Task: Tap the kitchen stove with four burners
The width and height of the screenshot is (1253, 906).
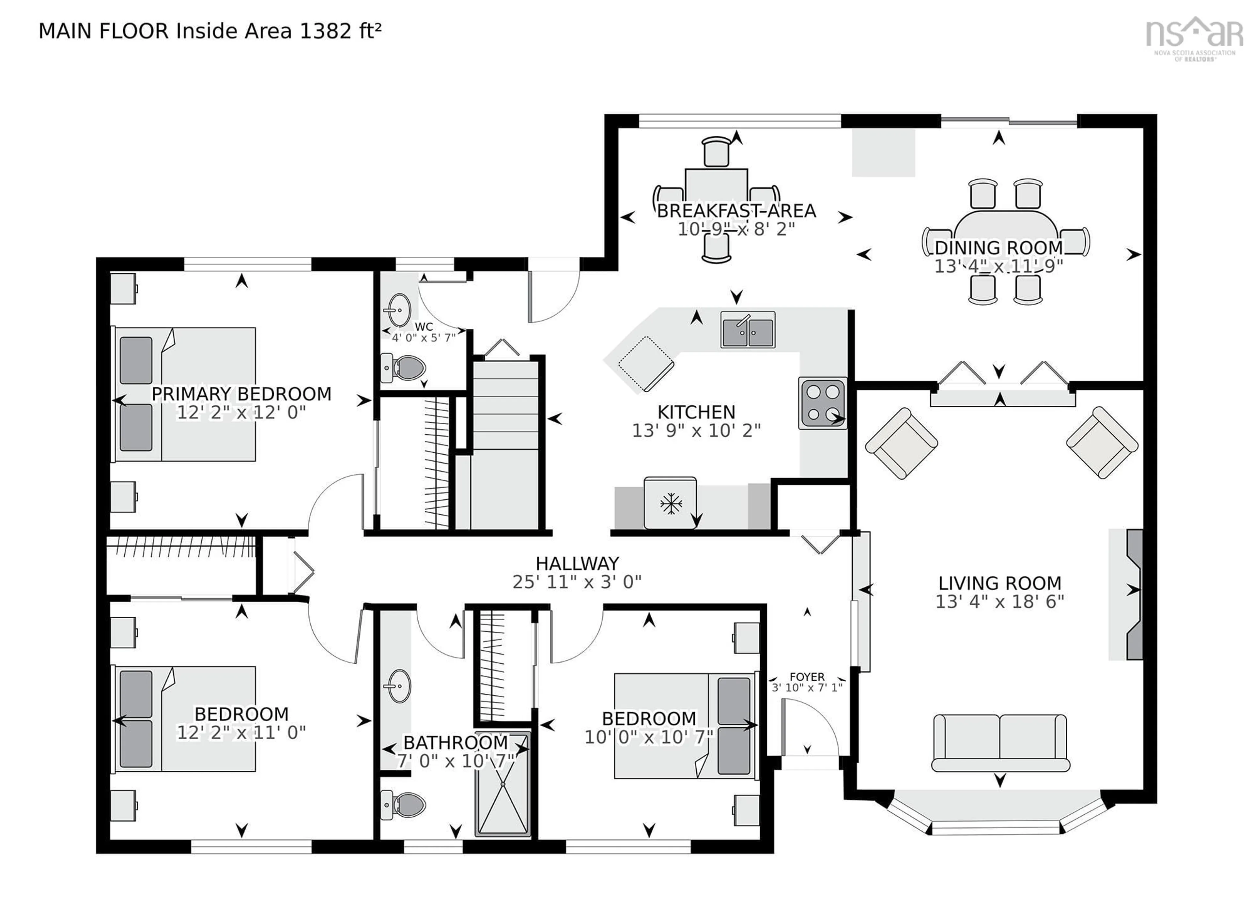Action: [822, 403]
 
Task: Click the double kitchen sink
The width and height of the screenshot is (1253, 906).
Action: [748, 330]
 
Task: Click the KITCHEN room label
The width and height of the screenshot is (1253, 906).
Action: [696, 412]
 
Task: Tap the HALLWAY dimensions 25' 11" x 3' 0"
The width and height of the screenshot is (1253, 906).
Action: [577, 582]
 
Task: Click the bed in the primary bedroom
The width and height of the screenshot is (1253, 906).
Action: [185, 394]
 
